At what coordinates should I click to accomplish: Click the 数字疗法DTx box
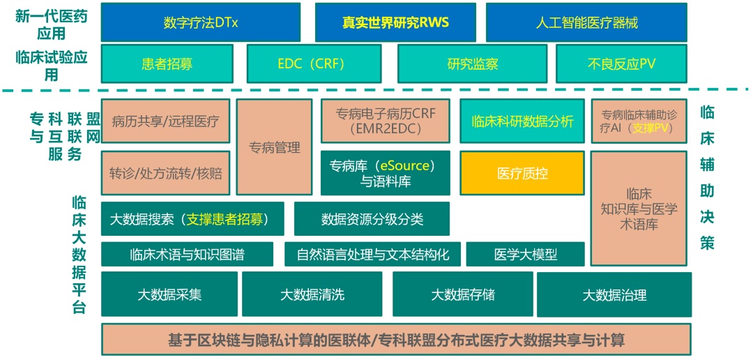pyautogui.click(x=201, y=22)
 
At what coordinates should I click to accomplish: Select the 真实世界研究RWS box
pyautogui.click(x=395, y=22)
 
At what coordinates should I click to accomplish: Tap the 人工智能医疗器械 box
pyautogui.click(x=586, y=22)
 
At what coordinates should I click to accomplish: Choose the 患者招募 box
pyautogui.click(x=167, y=64)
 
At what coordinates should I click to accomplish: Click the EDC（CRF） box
pyautogui.click(x=316, y=64)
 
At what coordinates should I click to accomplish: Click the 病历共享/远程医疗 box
pyautogui.click(x=165, y=121)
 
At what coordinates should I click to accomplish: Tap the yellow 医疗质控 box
pyautogui.click(x=522, y=174)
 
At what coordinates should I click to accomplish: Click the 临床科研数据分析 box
pyautogui.click(x=522, y=121)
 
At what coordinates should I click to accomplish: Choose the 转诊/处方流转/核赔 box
pyautogui.click(x=165, y=173)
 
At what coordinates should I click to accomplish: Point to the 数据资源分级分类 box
pyautogui.click(x=372, y=219)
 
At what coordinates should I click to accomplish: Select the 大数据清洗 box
pyautogui.click(x=312, y=294)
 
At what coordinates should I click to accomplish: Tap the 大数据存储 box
pyautogui.click(x=462, y=294)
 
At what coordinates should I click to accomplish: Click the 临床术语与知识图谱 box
pyautogui.click(x=187, y=255)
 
